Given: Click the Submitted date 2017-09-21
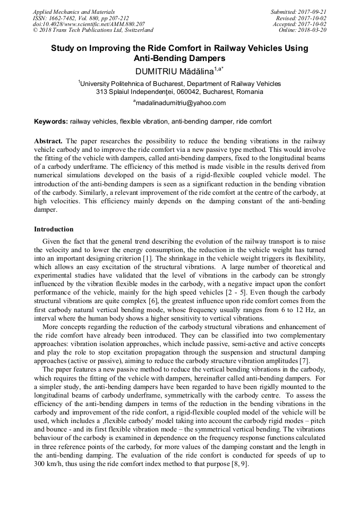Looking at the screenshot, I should (x=313, y=12).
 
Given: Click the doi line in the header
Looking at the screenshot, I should (x=89, y=24).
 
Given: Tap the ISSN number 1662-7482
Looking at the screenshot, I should (x=64, y=18).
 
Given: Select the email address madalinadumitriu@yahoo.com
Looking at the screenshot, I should (x=181, y=103).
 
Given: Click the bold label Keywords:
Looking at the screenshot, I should (x=51, y=122).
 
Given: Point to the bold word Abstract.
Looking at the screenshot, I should (x=48, y=141).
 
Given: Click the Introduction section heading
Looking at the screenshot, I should (x=54, y=229).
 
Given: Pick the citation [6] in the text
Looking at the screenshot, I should (x=160, y=292).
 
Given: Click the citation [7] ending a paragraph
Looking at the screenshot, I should (x=305, y=361).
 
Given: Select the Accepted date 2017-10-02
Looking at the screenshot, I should (x=313, y=24).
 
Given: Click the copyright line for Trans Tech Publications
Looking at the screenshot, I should (x=93, y=30).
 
